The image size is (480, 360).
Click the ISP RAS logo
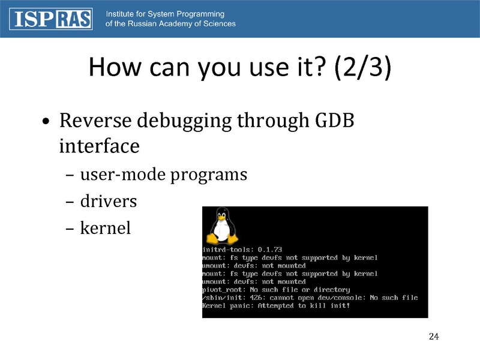51,19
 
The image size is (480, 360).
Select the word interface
100,146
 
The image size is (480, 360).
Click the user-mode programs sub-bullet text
163,175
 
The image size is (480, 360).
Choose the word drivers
108,202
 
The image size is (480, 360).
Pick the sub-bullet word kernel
106,228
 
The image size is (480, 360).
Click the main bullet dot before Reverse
46,122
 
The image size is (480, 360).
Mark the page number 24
434,336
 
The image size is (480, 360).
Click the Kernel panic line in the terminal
276,306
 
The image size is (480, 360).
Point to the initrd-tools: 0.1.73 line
242,250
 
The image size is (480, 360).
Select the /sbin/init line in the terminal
310,298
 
